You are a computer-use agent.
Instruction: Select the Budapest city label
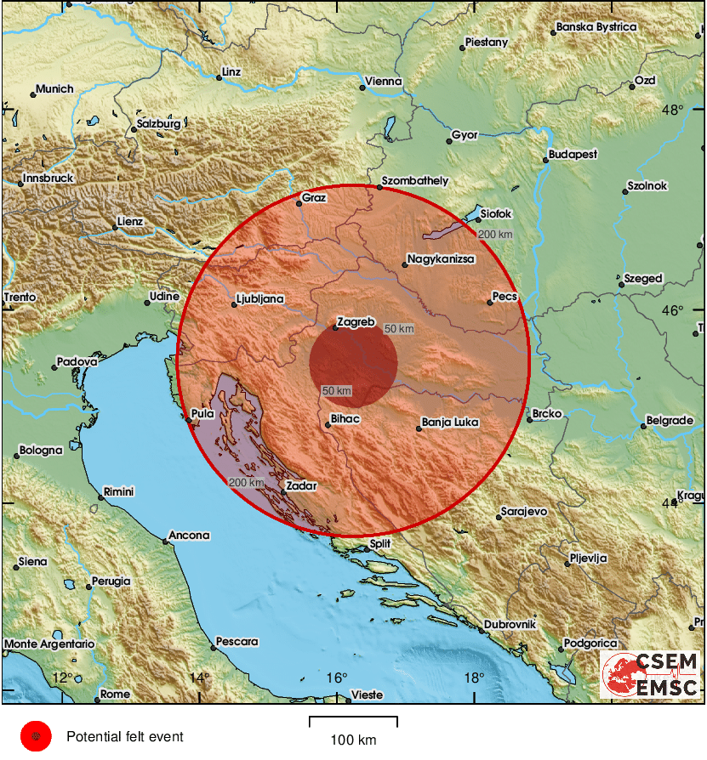573,155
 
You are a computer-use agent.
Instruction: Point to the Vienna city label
384,82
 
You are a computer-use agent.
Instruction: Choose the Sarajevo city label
524,512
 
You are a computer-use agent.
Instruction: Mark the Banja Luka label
451,422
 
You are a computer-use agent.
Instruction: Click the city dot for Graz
299,204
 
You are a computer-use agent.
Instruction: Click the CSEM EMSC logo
651,675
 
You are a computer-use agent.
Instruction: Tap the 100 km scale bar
353,723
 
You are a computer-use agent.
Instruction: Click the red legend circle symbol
37,736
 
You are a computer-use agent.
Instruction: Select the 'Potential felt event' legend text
125,737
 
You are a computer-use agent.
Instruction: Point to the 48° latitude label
673,110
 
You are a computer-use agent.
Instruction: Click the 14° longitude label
198,678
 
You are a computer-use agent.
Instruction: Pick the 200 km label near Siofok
495,235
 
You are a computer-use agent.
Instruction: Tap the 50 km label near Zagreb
399,328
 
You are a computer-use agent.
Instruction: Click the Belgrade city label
670,421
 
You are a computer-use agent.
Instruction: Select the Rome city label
116,694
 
